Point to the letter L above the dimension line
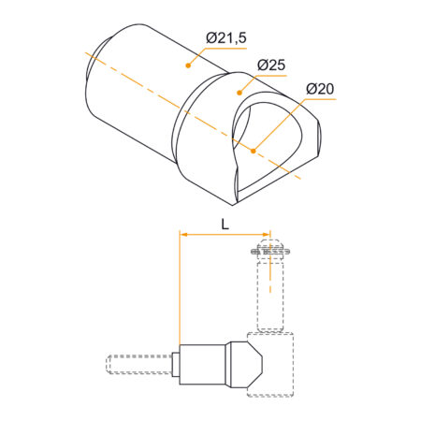(x=225, y=223)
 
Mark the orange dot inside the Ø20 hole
(x=254, y=148)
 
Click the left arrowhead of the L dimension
(x=183, y=235)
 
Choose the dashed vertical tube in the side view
(x=269, y=295)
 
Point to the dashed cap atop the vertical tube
(x=269, y=250)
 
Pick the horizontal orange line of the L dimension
(x=225, y=235)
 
